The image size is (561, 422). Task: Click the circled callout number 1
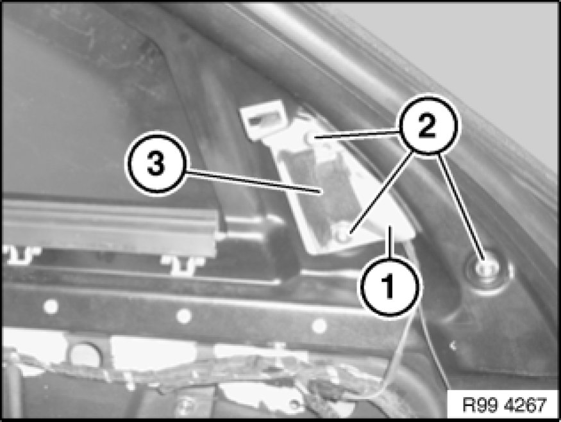390,286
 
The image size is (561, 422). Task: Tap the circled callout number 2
427,126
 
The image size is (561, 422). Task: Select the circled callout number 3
156,164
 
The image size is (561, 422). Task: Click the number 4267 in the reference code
526,405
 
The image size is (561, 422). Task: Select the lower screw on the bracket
342,232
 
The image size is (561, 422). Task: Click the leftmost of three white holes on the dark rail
51,307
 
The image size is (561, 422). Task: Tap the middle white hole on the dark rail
184,316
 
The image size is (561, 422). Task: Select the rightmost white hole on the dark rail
319,326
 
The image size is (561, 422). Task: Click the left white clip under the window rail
21,255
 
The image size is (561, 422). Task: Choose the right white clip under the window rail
183,264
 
